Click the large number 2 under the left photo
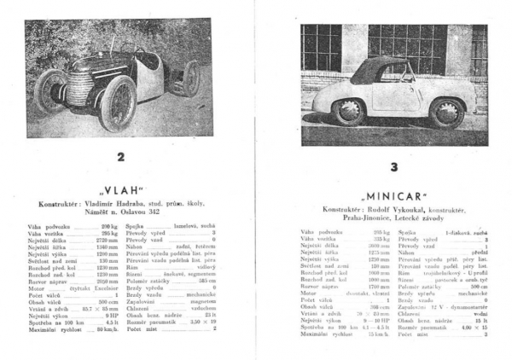(x=120, y=157)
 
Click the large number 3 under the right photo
(x=393, y=167)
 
